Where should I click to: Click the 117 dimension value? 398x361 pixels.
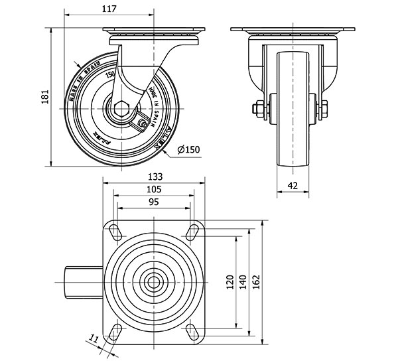pyautogui.click(x=110, y=9)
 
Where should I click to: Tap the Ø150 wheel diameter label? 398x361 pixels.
pyautogui.click(x=189, y=150)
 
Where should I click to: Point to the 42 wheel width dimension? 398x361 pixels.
pyautogui.click(x=293, y=186)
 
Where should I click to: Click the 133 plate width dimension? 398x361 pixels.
pyautogui.click(x=154, y=177)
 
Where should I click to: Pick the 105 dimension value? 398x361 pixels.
pyautogui.click(x=154, y=189)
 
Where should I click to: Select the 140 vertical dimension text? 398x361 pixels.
pyautogui.click(x=243, y=282)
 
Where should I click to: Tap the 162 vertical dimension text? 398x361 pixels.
pyautogui.click(x=257, y=282)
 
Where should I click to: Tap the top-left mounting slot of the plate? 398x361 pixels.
pyautogui.click(x=115, y=231)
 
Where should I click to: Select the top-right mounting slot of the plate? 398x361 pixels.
pyautogui.click(x=193, y=231)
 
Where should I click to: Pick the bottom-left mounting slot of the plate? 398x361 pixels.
pyautogui.click(x=115, y=331)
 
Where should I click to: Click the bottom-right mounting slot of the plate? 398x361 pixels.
pyautogui.click(x=193, y=331)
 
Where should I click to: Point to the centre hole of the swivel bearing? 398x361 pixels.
pyautogui.click(x=154, y=281)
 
